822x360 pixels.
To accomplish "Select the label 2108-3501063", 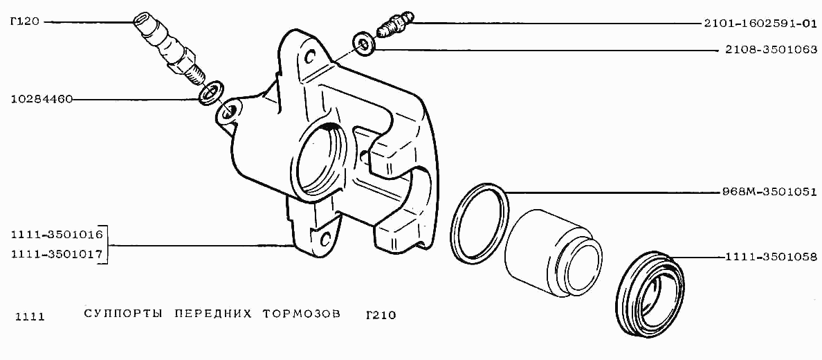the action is (x=769, y=51).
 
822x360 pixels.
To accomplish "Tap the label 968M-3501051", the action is (x=769, y=192).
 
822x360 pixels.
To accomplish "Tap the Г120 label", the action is (x=25, y=22).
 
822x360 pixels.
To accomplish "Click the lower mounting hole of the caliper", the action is (x=325, y=240).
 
